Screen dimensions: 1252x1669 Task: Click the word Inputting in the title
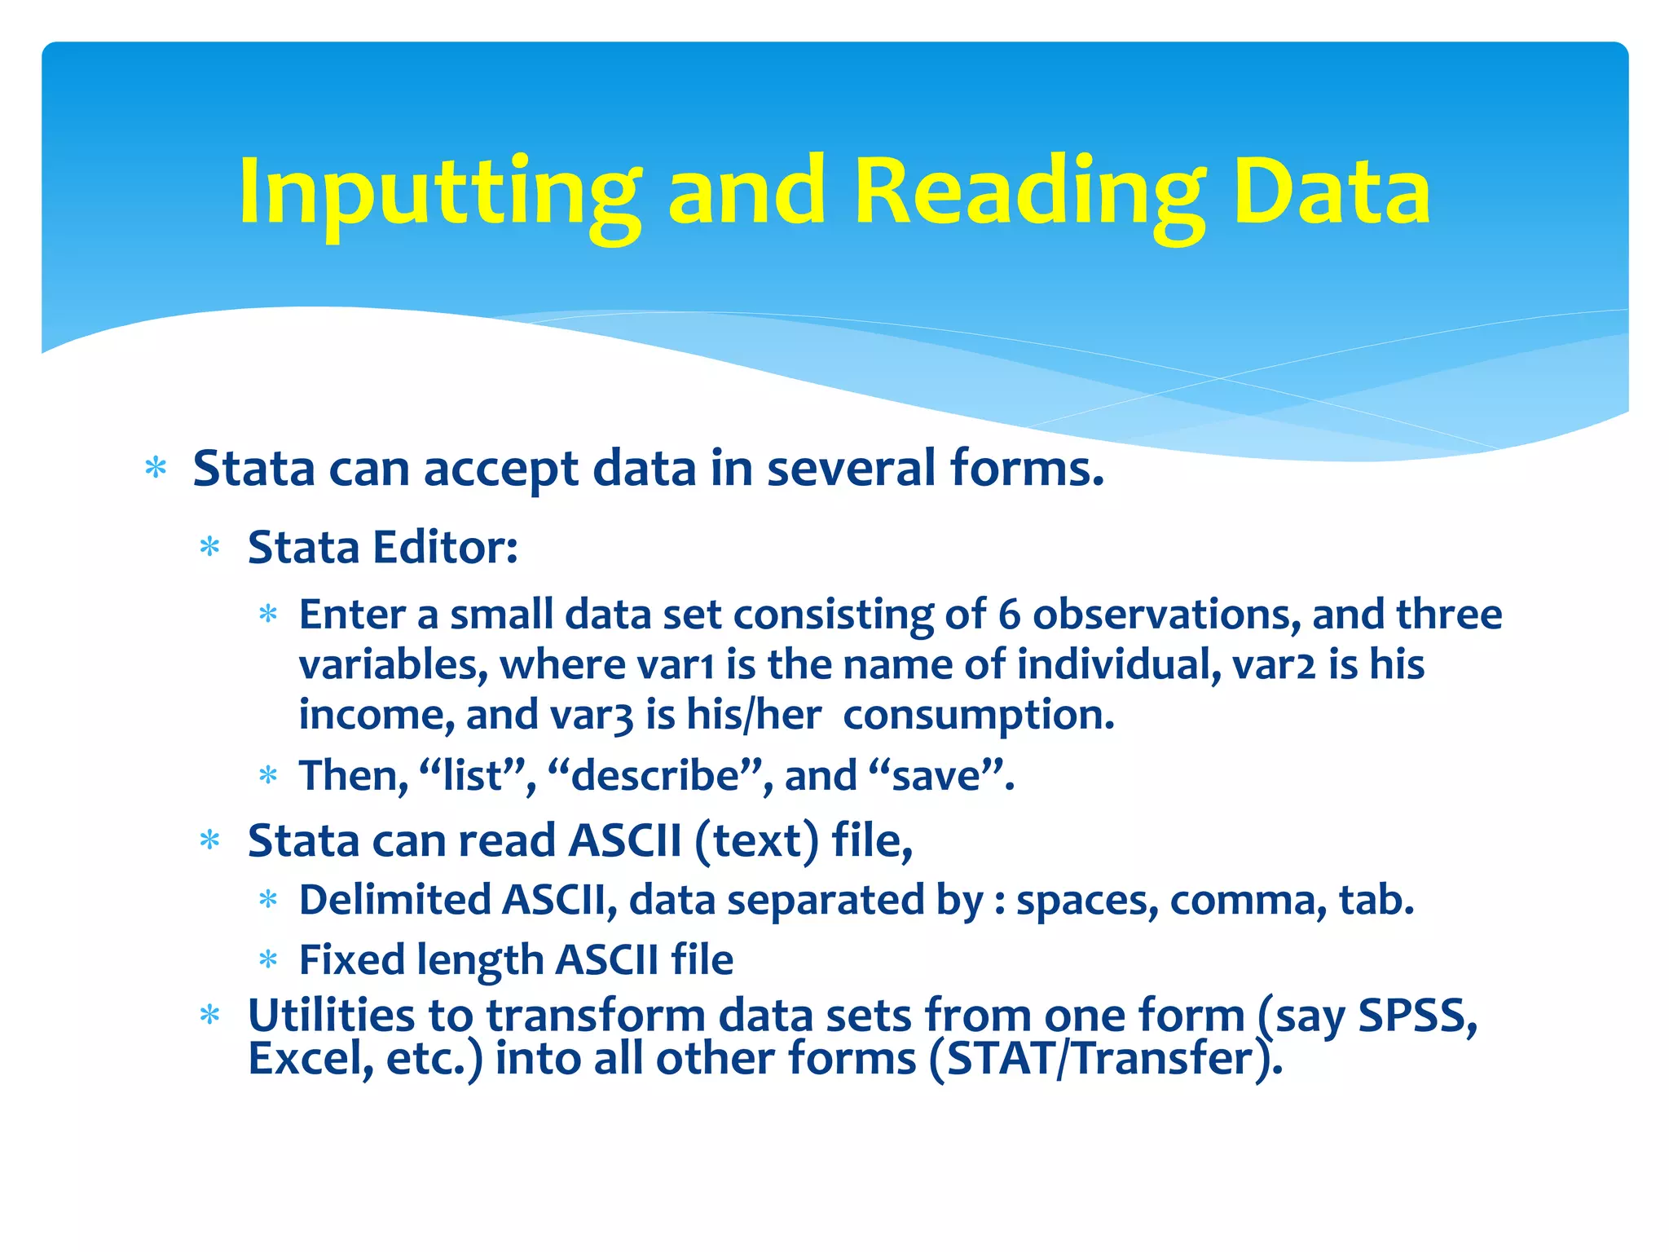click(440, 194)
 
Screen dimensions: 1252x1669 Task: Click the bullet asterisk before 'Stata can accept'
click(156, 469)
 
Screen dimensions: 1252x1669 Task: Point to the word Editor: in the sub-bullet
click(445, 547)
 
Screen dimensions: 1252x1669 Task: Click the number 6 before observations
click(1009, 615)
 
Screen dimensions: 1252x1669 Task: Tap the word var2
click(1274, 665)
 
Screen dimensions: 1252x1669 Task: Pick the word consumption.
click(979, 716)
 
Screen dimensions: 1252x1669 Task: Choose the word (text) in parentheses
click(756, 841)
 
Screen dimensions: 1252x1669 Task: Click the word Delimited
click(394, 901)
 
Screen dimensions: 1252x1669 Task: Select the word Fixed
click(352, 960)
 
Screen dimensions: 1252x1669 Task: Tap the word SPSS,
click(1417, 1016)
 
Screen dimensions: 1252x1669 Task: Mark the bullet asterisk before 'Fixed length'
click(268, 961)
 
